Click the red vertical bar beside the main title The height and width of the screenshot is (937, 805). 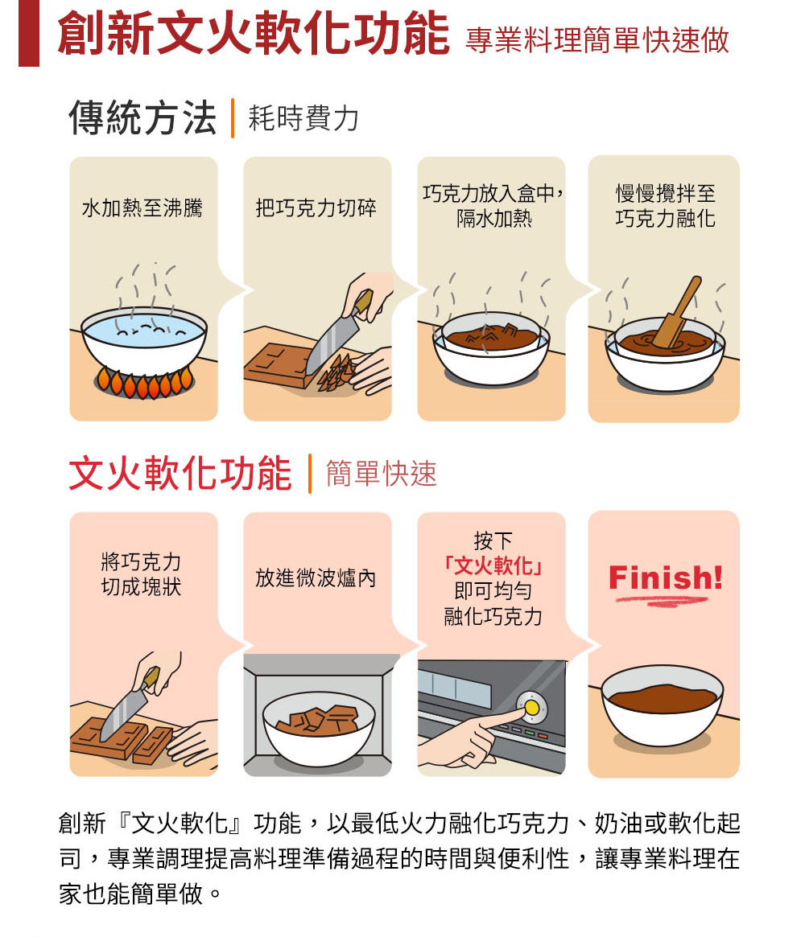pos(29,33)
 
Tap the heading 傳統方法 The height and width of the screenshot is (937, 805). pos(142,117)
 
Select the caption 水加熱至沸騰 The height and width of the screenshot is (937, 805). pos(142,208)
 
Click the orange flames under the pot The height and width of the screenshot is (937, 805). pos(144,383)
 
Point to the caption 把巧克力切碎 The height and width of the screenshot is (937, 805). pos(316,208)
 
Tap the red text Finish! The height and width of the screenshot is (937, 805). pos(666,577)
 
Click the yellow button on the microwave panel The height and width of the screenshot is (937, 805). pos(531,708)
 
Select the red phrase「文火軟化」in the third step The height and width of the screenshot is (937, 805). pos(492,565)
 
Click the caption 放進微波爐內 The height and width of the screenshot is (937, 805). pos(316,577)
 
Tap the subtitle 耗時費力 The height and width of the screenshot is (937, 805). pos(303,117)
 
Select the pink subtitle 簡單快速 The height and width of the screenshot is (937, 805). pos(382,474)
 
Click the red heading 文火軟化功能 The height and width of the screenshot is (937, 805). pos(180,474)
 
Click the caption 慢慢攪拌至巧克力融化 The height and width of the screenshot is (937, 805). pos(666,206)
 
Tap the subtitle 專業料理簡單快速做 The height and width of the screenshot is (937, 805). pos(597,41)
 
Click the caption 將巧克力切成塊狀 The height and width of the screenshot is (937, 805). pos(141,574)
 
